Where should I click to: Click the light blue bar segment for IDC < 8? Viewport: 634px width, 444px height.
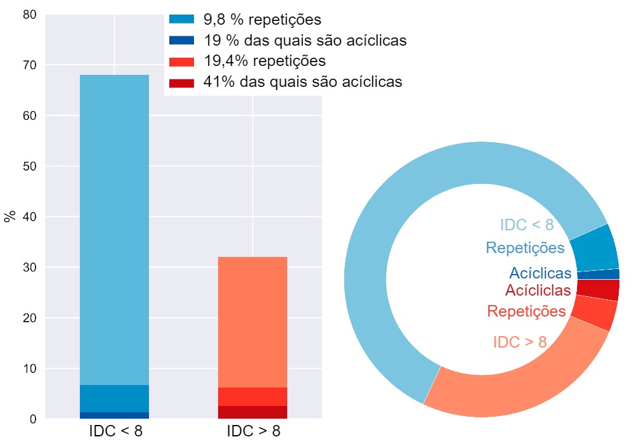114,228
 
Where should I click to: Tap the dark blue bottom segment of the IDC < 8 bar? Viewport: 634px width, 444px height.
114,415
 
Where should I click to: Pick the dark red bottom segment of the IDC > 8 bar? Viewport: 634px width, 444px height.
252,412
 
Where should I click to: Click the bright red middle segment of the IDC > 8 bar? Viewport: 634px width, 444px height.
252,396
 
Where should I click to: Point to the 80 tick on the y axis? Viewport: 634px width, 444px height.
29,15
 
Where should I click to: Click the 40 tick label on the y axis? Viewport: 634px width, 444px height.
29,217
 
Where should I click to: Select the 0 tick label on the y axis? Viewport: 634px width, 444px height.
32,419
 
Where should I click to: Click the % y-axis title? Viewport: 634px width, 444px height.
10,216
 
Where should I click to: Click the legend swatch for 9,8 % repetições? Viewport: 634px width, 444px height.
181,20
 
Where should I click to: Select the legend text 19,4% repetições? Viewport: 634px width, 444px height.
264,61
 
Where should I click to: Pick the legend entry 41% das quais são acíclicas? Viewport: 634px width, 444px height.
302,82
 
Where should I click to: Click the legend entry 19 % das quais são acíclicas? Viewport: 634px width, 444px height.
304,41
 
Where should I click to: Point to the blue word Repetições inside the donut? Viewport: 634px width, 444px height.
525,248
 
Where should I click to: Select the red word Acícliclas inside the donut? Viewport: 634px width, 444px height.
538,291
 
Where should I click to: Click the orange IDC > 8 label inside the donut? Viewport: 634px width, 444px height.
519,342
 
